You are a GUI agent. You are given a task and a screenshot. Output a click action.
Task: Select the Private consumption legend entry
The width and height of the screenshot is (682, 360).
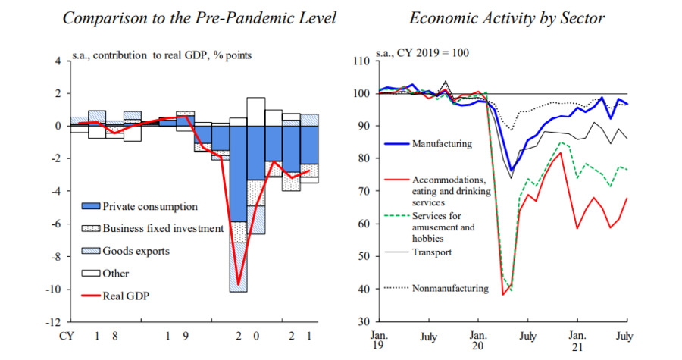(149, 206)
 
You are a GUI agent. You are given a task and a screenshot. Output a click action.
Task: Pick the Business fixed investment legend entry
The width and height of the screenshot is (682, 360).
(162, 228)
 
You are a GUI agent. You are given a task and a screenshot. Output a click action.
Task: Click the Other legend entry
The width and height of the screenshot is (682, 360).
(116, 274)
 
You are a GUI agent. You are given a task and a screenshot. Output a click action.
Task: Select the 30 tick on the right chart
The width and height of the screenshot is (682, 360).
(361, 322)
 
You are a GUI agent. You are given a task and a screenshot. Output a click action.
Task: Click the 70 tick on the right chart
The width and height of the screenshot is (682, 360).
(361, 192)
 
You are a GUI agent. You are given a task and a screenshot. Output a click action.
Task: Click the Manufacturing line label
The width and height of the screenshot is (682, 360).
(443, 143)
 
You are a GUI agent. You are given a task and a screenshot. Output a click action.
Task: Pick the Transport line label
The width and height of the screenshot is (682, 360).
(432, 252)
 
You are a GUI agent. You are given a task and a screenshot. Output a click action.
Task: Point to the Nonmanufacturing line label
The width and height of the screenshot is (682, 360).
(449, 288)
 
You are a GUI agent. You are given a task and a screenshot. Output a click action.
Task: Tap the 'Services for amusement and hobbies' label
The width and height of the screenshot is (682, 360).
(443, 227)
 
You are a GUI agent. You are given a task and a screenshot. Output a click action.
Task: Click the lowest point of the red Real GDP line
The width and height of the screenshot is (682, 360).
(239, 286)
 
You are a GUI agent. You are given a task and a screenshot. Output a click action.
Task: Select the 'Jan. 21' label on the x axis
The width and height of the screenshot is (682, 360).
(577, 341)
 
